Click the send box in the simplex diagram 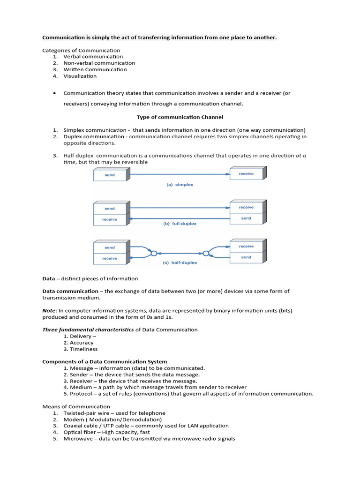(x=109, y=175)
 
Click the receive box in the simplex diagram (x=246, y=174)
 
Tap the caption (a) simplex (x=180, y=185)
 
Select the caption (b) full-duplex (x=180, y=224)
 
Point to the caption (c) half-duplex (x=180, y=263)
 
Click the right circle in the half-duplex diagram (x=207, y=254)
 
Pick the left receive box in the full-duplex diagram (x=109, y=219)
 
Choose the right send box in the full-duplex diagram (x=246, y=218)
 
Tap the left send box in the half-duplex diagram (x=109, y=247)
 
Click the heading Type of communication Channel (x=180, y=117)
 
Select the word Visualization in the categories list (x=80, y=76)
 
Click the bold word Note (x=49, y=310)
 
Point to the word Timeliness (x=83, y=349)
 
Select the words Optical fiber (x=80, y=432)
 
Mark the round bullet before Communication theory (x=55, y=93)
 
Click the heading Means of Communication (x=76, y=406)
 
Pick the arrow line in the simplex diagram (x=180, y=174)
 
